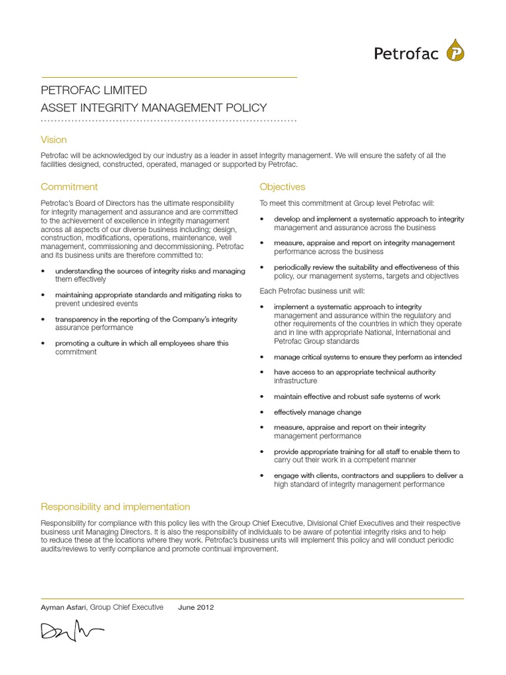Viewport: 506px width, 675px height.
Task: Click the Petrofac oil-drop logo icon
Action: (x=454, y=51)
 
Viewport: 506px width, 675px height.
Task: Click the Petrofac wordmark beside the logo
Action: (x=406, y=54)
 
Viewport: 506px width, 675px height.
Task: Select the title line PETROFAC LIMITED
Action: (x=94, y=90)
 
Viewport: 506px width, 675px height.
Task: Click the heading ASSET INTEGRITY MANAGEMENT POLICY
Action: (x=154, y=107)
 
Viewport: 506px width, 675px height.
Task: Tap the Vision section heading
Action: (x=53, y=140)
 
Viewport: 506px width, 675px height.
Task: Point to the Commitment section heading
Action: (x=69, y=187)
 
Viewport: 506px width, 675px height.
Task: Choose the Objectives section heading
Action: (x=282, y=187)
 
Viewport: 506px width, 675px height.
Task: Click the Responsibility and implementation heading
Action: (x=115, y=506)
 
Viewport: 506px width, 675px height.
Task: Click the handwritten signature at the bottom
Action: (x=72, y=632)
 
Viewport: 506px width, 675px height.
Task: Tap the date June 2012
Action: (x=196, y=607)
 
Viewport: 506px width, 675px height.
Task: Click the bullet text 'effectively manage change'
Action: (x=318, y=412)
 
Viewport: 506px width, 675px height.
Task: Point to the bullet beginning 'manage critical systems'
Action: (x=368, y=357)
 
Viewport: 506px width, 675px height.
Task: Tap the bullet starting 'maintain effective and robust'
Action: (x=357, y=396)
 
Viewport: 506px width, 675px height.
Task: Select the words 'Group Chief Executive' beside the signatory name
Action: (x=127, y=607)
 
